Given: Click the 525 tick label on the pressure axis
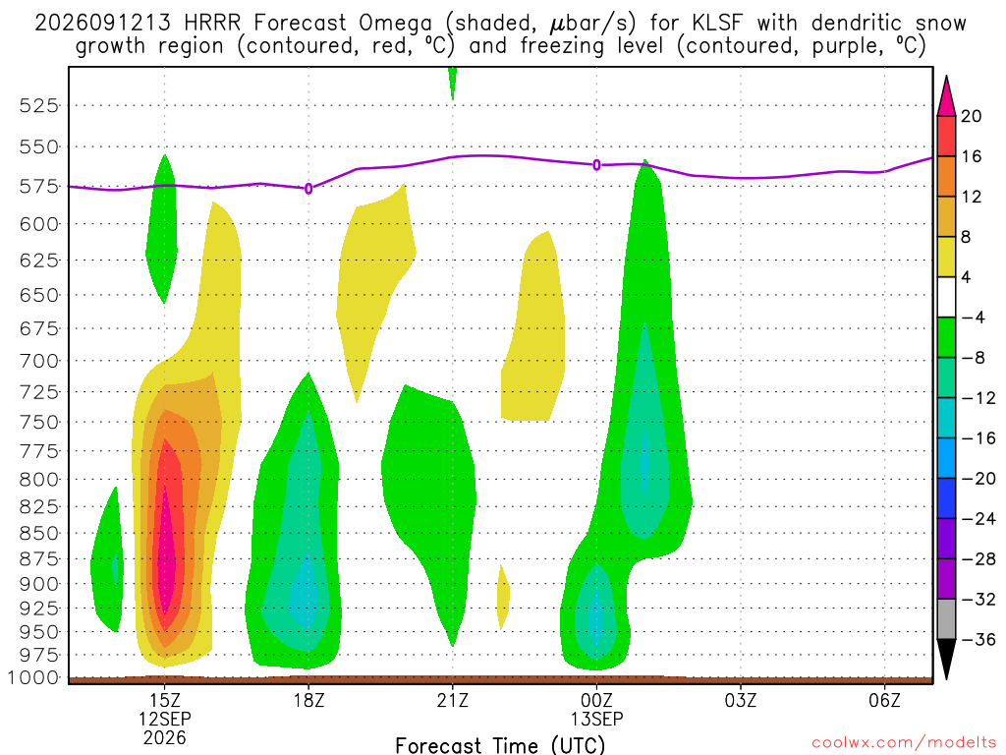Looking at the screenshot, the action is [39, 105].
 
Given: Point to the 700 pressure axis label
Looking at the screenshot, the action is [39, 361].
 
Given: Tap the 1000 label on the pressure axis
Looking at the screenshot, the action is [34, 678].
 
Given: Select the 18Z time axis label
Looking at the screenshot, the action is [308, 700].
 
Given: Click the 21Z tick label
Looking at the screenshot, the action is [453, 700].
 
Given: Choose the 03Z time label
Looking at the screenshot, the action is [741, 700].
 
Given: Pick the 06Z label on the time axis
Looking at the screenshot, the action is [885, 700].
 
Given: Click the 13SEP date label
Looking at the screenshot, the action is [596, 719].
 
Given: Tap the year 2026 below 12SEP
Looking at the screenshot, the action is [165, 737].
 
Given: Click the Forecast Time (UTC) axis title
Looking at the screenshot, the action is [500, 745].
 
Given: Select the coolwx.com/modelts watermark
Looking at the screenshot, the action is [904, 743].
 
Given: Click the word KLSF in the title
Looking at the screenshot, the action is [716, 24].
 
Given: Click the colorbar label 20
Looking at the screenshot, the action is [972, 116].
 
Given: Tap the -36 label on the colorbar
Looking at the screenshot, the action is [978, 639].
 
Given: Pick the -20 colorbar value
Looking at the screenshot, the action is [978, 479].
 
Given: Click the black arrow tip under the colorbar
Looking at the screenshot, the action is [946, 678].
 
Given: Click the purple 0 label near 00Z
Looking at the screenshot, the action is [596, 165].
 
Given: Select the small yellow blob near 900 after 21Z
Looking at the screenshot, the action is [503, 597].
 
